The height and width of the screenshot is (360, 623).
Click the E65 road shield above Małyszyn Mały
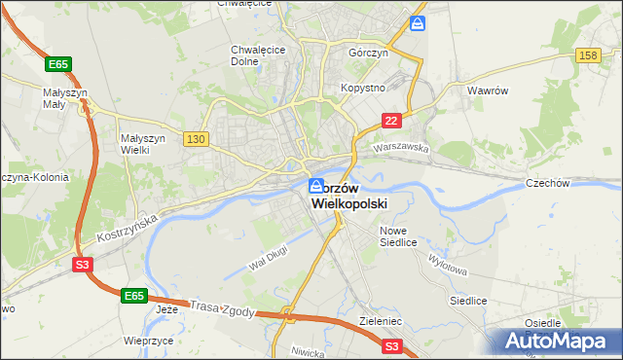click(58, 64)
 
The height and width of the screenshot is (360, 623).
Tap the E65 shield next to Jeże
click(135, 294)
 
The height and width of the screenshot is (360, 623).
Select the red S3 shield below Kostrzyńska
click(82, 263)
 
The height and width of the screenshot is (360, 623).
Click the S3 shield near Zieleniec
click(391, 344)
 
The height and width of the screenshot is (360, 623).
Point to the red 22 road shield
click(390, 120)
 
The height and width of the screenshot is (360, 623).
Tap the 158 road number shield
click(587, 56)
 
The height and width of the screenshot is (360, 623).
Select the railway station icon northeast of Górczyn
click(418, 22)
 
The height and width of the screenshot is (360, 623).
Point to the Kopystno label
click(364, 88)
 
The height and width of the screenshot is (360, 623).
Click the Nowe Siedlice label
click(399, 235)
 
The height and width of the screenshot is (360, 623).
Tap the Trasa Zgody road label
click(223, 306)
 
